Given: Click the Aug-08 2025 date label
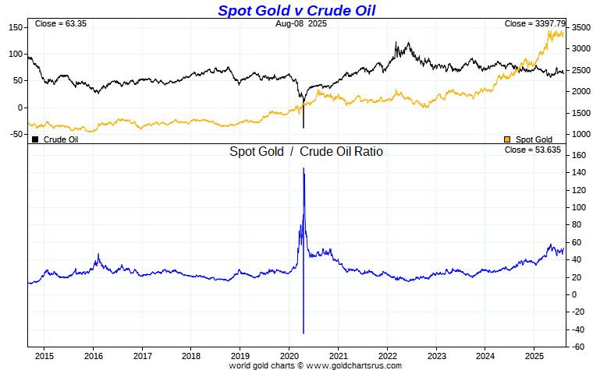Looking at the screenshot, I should [301, 24].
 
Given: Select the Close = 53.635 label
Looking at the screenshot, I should [533, 150].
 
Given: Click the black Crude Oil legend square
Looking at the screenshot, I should [35, 139].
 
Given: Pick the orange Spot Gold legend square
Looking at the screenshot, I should [508, 139].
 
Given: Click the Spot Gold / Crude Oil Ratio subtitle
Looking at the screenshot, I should [306, 152].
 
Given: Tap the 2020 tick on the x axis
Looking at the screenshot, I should [289, 355].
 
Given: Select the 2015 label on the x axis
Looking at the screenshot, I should [44, 355].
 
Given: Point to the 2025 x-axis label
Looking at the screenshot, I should [534, 355].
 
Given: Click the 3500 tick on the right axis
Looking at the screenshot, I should [580, 27].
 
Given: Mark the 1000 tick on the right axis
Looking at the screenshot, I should [580, 134].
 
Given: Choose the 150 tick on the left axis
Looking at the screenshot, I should [16, 27].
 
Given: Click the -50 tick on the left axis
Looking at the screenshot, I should [16, 134].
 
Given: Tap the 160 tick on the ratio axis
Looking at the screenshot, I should [577, 156].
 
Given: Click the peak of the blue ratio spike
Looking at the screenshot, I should [304, 167].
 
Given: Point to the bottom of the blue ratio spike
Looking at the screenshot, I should [304, 333].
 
